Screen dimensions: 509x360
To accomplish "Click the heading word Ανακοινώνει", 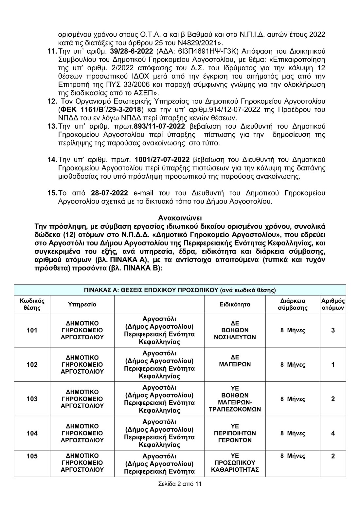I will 180,218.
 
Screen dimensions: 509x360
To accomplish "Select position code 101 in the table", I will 32,330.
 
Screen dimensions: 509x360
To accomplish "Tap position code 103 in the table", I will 32,399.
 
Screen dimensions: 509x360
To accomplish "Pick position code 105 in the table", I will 32,456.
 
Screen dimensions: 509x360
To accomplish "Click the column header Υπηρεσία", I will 82,304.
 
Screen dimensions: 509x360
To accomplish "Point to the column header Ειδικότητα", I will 235,304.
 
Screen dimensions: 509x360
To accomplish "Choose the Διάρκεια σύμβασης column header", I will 293,304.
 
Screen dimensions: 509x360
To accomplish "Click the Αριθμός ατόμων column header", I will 333,304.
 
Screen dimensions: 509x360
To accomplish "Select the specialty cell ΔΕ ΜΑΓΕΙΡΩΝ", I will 235,361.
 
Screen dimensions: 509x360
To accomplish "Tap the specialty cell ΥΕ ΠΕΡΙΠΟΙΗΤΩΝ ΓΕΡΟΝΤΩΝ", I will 235,433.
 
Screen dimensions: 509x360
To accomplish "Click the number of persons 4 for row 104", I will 333,433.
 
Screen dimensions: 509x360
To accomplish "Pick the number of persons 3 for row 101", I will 333,330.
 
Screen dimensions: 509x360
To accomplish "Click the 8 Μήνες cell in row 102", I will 293,364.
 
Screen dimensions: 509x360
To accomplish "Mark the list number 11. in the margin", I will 52,51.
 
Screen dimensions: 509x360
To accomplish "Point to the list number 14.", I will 52,160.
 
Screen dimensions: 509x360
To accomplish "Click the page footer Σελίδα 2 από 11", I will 180,484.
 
